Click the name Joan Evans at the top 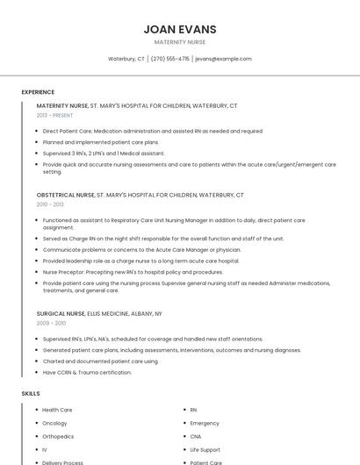179,29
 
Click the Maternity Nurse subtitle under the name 179,41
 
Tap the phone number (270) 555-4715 169,59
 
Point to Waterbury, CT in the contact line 126,59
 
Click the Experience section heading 38,92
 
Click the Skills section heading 31,394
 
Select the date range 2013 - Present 54,115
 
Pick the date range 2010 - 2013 50,204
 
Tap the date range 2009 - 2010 50,323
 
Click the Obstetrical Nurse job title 65,195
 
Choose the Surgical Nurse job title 61,313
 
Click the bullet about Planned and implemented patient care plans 100,141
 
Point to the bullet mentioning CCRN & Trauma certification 87,372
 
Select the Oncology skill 55,423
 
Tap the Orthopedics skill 58,436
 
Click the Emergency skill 205,423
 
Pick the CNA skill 196,436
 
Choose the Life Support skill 205,449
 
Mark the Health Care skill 57,410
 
